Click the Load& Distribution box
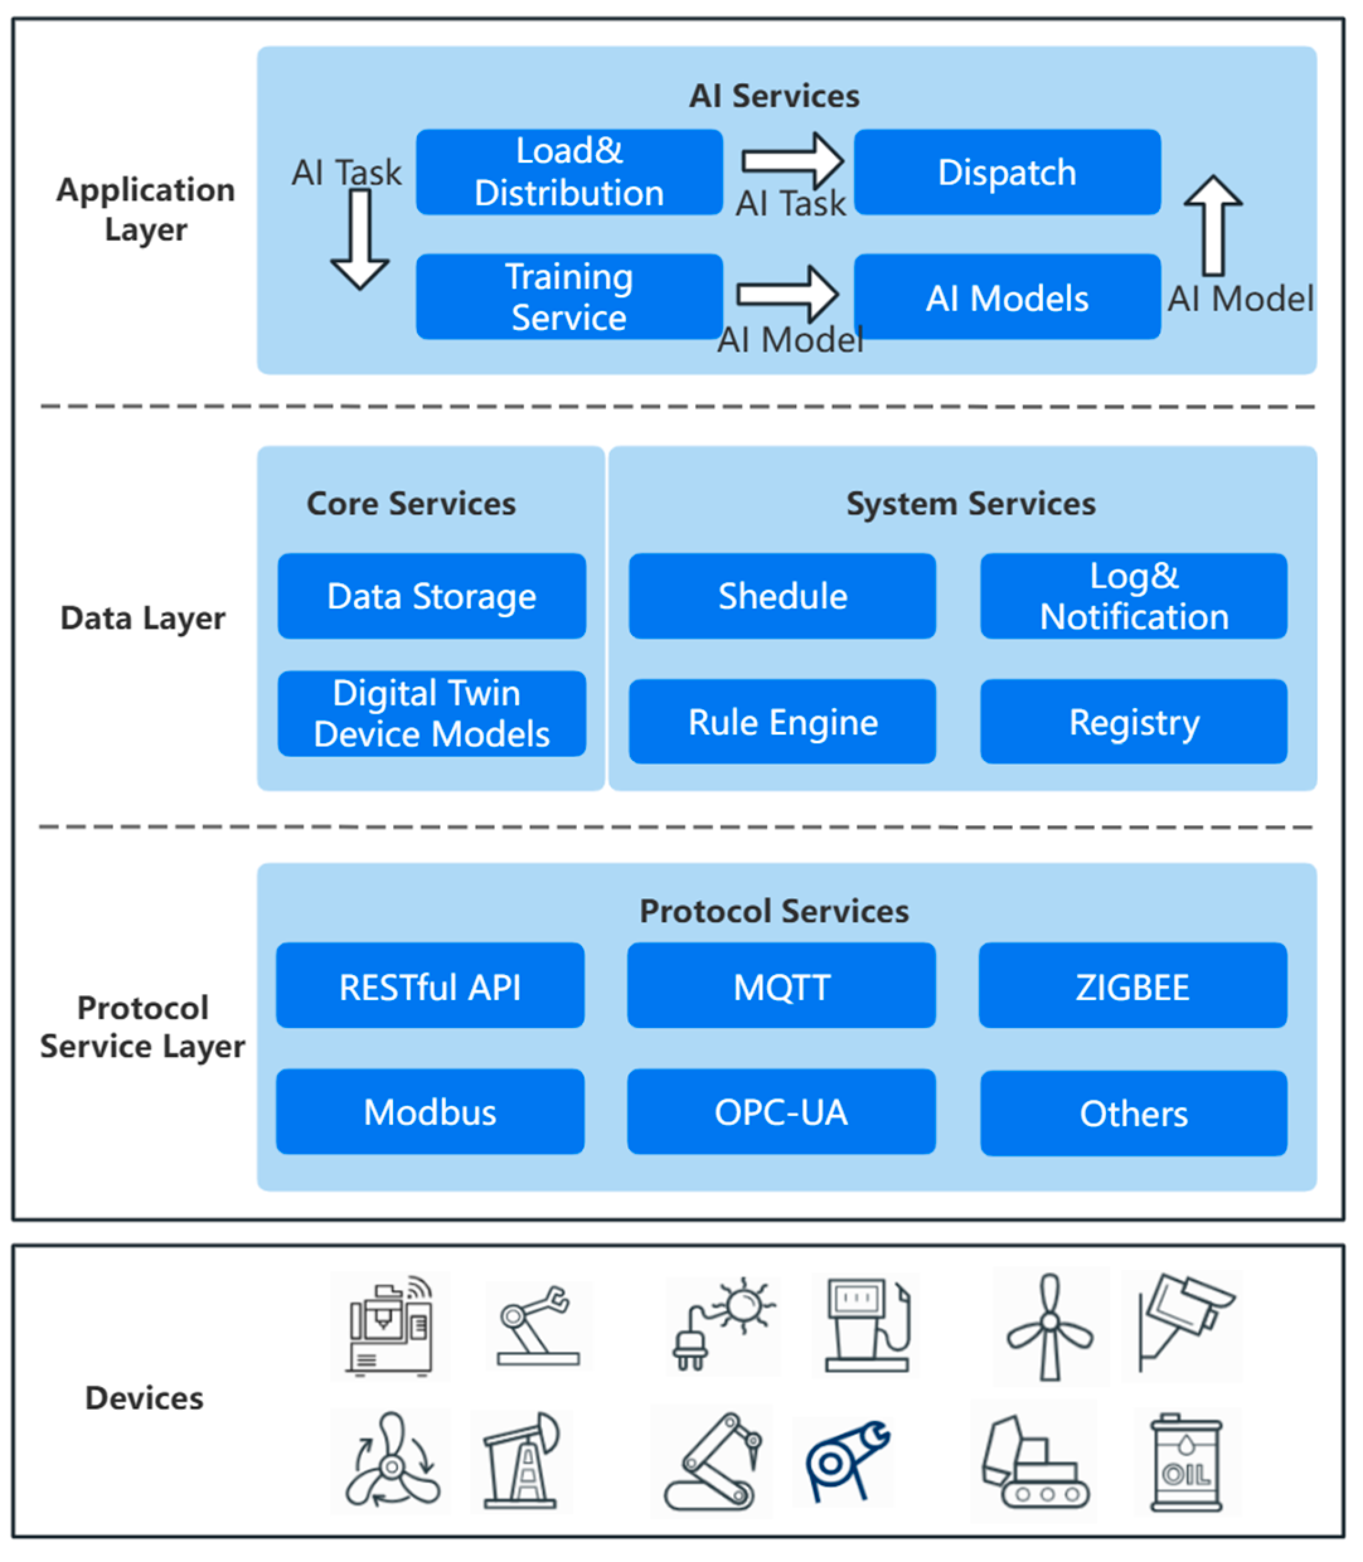click(x=569, y=172)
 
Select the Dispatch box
click(x=1007, y=172)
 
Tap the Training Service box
click(x=569, y=297)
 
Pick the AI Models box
click(x=1007, y=297)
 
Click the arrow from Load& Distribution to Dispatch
click(x=792, y=161)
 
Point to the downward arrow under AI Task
click(x=360, y=239)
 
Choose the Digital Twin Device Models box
click(x=432, y=714)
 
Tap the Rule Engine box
click(x=783, y=721)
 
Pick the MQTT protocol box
click(x=781, y=986)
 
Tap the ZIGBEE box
click(x=1132, y=986)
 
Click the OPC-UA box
click(x=781, y=1112)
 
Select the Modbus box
click(x=430, y=1112)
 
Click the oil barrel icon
click(x=1187, y=1462)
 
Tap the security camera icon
click(x=1185, y=1323)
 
